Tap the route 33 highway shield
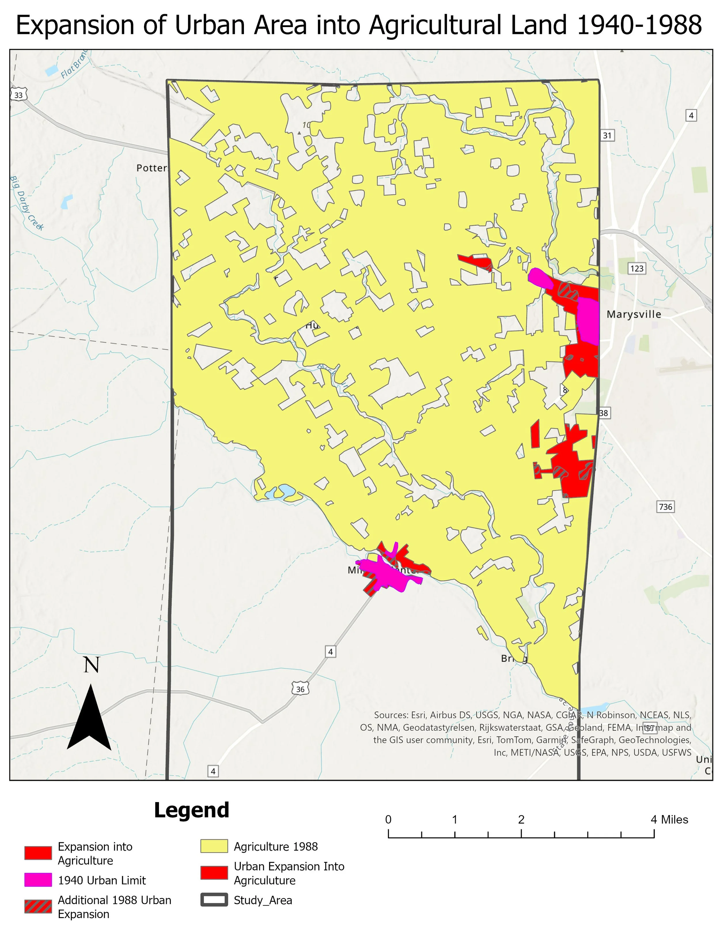19,95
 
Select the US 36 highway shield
300,689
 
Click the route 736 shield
665,507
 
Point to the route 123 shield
636,268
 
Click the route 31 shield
607,136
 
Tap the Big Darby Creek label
26,203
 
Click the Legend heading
192,810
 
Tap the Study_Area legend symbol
214,900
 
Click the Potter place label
151,168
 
